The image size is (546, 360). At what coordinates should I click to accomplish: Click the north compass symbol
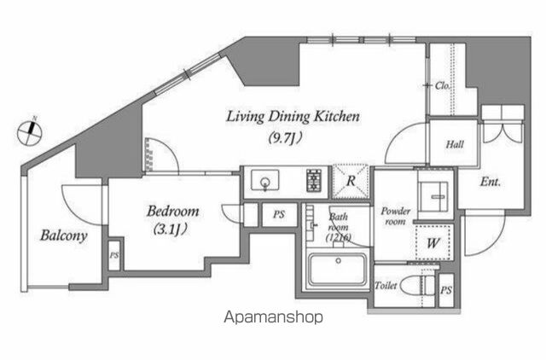[30, 132]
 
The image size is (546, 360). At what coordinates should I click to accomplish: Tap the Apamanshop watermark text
[273, 317]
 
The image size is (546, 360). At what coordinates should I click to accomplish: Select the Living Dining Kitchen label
[293, 117]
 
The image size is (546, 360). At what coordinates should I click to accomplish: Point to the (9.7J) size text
[285, 138]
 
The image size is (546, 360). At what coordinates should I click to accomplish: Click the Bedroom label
[172, 211]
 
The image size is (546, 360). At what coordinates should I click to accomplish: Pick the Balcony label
[63, 235]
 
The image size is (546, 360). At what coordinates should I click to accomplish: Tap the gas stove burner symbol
[314, 180]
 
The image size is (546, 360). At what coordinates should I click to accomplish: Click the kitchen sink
[265, 180]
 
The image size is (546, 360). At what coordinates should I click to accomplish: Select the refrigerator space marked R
[351, 182]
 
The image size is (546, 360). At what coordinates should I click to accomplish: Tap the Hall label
[455, 144]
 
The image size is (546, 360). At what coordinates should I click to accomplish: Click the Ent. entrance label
[491, 182]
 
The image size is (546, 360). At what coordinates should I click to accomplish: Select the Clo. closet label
[442, 85]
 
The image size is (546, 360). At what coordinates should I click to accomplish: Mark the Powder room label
[395, 216]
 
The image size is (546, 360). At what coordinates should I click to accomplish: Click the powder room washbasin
[433, 196]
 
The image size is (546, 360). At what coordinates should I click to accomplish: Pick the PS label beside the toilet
[446, 290]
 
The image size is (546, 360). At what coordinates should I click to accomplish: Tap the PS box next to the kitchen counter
[279, 214]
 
